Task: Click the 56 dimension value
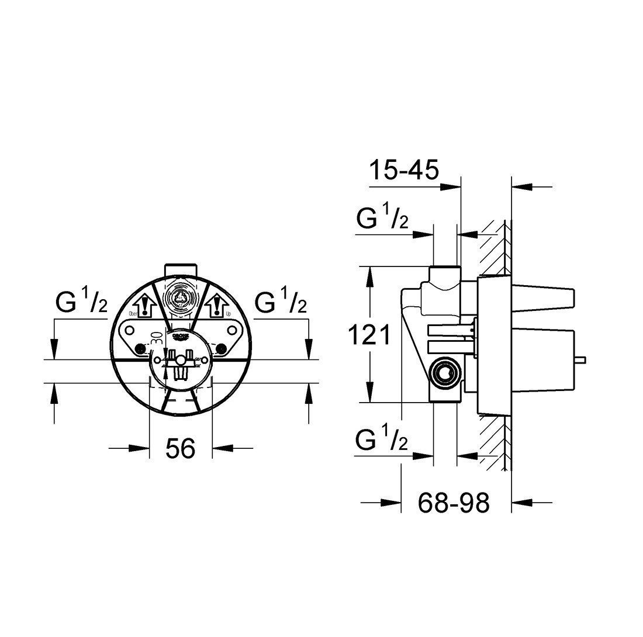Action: tap(179, 449)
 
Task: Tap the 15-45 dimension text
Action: tap(403, 171)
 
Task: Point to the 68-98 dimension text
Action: tap(454, 502)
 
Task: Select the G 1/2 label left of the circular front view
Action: tap(81, 304)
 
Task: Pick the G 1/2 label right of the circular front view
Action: tap(281, 304)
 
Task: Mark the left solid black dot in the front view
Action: tap(140, 349)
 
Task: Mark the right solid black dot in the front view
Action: tap(221, 349)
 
